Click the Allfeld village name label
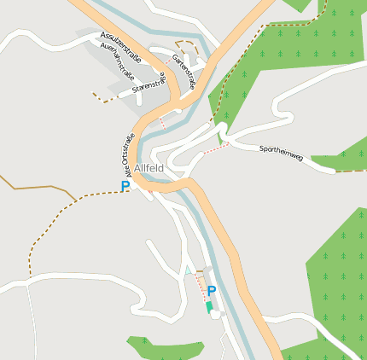pos(149,169)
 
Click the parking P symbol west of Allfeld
pos(125,187)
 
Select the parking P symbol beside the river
pos(212,291)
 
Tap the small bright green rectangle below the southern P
pos(209,306)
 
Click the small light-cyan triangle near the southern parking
pos(189,270)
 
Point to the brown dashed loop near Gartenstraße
pos(189,48)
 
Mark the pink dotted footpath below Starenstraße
pos(161,123)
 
